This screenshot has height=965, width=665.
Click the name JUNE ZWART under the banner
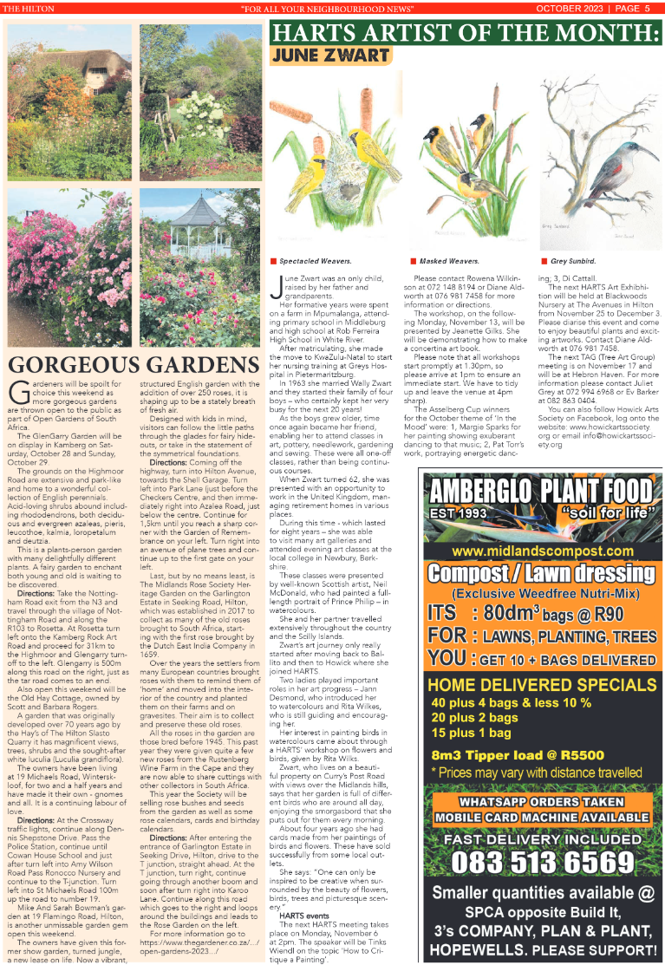[330, 55]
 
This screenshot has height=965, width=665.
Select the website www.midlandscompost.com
[540, 551]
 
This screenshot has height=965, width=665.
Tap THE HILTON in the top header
[29, 9]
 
